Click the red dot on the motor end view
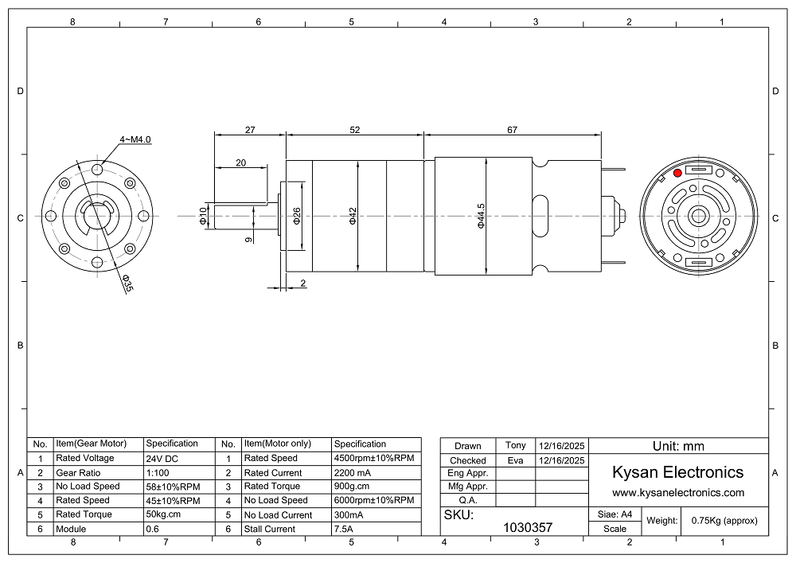(x=677, y=173)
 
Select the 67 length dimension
(x=512, y=130)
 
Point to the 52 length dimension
(x=354, y=130)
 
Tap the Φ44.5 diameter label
(x=482, y=216)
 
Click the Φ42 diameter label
(x=353, y=216)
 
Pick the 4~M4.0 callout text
(x=135, y=139)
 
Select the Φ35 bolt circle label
(x=127, y=283)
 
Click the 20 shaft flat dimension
(x=240, y=163)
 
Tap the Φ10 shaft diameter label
(x=204, y=216)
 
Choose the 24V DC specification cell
(x=162, y=459)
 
